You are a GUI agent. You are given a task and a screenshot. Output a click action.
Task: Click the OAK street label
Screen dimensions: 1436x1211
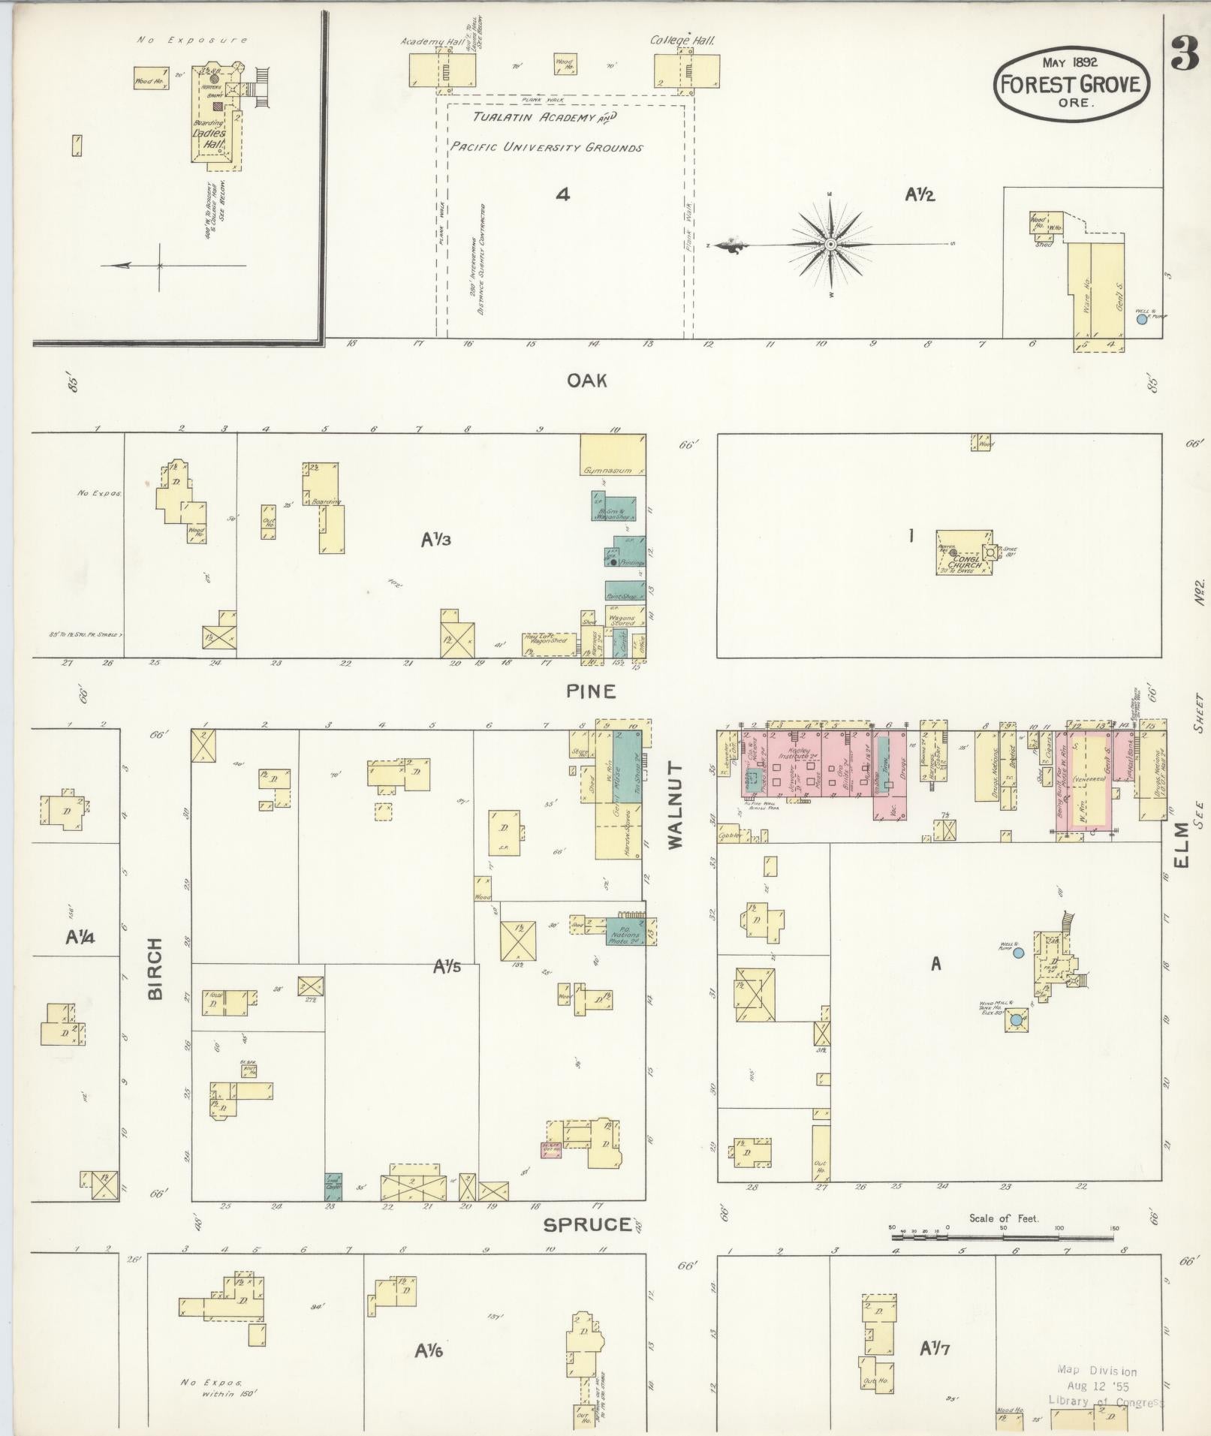point(586,381)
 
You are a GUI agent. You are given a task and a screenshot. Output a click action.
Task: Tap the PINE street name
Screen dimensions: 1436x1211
point(591,691)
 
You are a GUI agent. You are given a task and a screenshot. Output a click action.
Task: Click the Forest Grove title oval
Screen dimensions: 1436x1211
point(1072,85)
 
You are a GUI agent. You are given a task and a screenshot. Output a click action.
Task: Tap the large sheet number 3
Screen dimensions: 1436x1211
point(1185,54)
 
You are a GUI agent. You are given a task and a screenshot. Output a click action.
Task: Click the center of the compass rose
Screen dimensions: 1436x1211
point(831,245)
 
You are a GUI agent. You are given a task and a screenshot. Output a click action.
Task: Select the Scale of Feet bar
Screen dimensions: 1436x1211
point(1003,1233)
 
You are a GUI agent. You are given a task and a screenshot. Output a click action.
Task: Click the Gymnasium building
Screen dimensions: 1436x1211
point(612,454)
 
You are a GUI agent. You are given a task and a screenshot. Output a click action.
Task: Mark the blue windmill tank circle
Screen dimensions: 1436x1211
point(1016,1020)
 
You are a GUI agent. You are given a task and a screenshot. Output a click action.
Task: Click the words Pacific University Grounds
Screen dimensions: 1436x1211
point(547,148)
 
